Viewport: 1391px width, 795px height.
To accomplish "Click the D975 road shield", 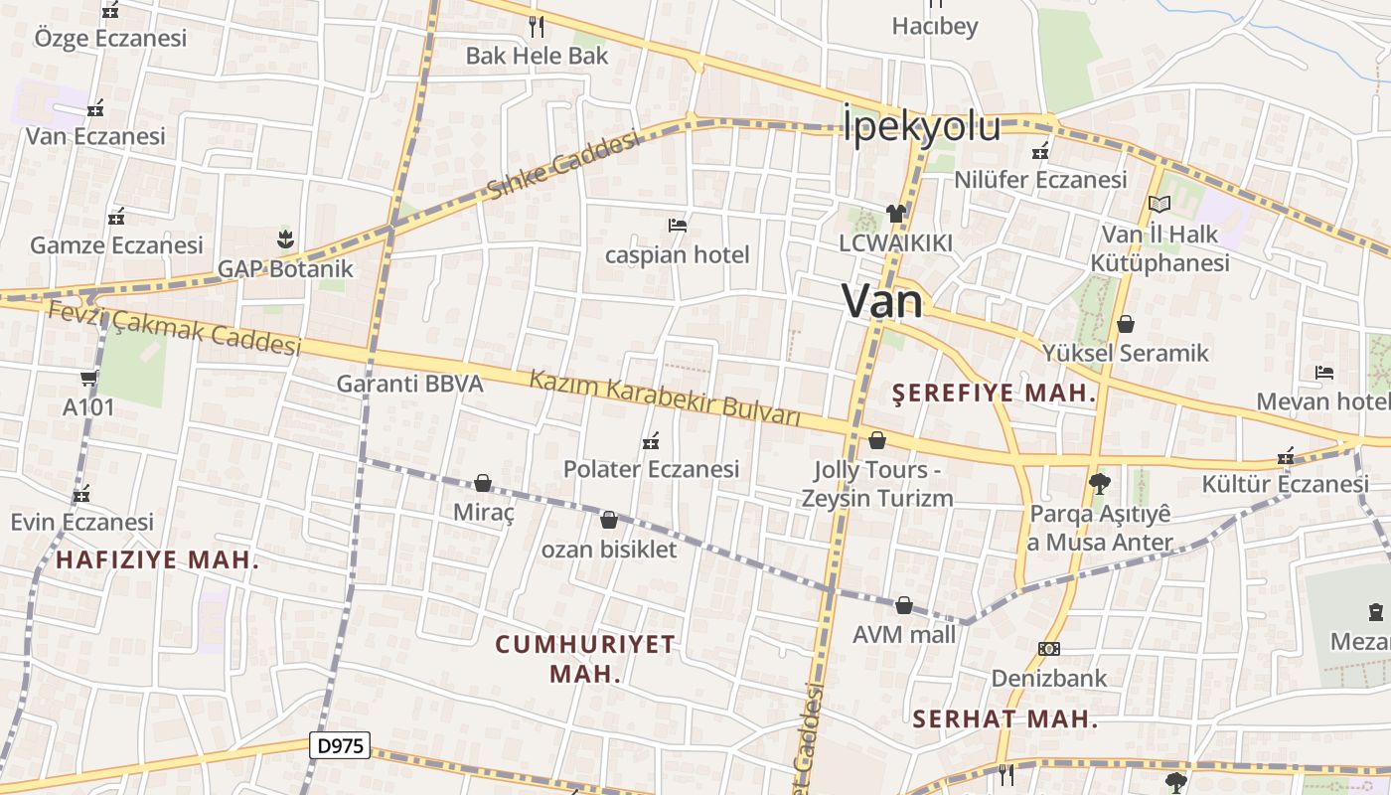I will click(x=339, y=745).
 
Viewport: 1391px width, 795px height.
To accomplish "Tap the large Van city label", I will click(x=882, y=301).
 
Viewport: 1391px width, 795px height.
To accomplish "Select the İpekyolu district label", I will click(x=921, y=126).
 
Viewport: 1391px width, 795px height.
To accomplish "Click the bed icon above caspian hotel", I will click(x=678, y=226).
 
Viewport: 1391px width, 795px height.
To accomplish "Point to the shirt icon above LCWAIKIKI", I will click(x=895, y=213).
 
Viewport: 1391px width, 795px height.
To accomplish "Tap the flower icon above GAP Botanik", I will click(x=285, y=238).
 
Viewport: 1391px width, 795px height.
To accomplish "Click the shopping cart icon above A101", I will click(x=88, y=378).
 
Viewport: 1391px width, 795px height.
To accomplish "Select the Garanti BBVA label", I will click(x=409, y=384).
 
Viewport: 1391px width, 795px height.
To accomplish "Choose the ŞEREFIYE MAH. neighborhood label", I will click(x=994, y=394).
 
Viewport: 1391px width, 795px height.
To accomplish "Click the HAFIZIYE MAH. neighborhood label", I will click(x=157, y=560).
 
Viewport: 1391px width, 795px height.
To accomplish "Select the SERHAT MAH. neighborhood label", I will click(x=1005, y=719).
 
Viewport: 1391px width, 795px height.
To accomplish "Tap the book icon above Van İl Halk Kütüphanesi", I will click(x=1159, y=204).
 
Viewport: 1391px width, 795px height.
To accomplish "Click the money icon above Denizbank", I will click(x=1048, y=649).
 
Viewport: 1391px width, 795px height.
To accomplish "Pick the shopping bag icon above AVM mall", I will click(x=904, y=604).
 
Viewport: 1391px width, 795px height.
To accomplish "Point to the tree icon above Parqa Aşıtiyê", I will click(x=1099, y=484).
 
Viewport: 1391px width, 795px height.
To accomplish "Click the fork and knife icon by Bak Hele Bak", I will click(x=537, y=26).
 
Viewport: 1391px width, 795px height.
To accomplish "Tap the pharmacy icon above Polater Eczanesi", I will click(x=651, y=440).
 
